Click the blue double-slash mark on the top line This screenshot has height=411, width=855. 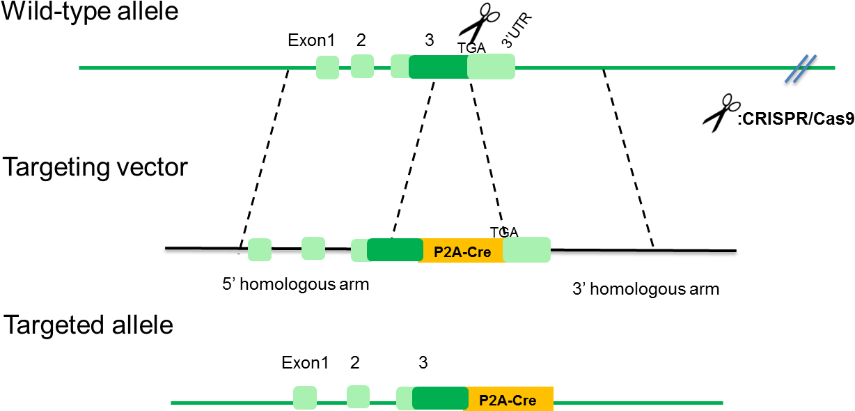tap(800, 68)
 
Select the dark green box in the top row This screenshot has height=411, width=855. tap(438, 67)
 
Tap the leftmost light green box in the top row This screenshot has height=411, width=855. tap(327, 68)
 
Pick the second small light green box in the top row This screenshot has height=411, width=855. tap(362, 66)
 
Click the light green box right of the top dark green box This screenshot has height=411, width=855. tap(492, 67)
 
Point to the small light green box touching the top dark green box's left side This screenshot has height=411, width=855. tap(400, 66)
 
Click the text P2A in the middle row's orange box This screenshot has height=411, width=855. tap(446, 252)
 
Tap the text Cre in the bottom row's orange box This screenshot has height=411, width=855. tap(524, 401)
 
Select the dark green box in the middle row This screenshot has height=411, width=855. tap(395, 249)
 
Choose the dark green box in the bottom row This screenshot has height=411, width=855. tap(440, 398)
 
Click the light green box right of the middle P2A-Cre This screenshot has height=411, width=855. tap(526, 249)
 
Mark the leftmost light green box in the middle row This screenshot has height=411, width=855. tap(260, 249)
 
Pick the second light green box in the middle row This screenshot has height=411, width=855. tap(313, 248)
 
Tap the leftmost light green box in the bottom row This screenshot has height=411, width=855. tap(305, 398)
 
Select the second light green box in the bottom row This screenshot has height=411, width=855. tap(358, 396)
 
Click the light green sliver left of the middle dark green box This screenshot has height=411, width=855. tap(359, 250)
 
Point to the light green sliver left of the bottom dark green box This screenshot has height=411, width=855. tap(404, 398)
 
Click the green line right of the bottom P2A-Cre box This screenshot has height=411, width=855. tap(637, 403)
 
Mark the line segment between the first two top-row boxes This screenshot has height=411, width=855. tap(345, 68)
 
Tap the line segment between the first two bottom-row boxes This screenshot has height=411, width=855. tap(331, 403)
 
